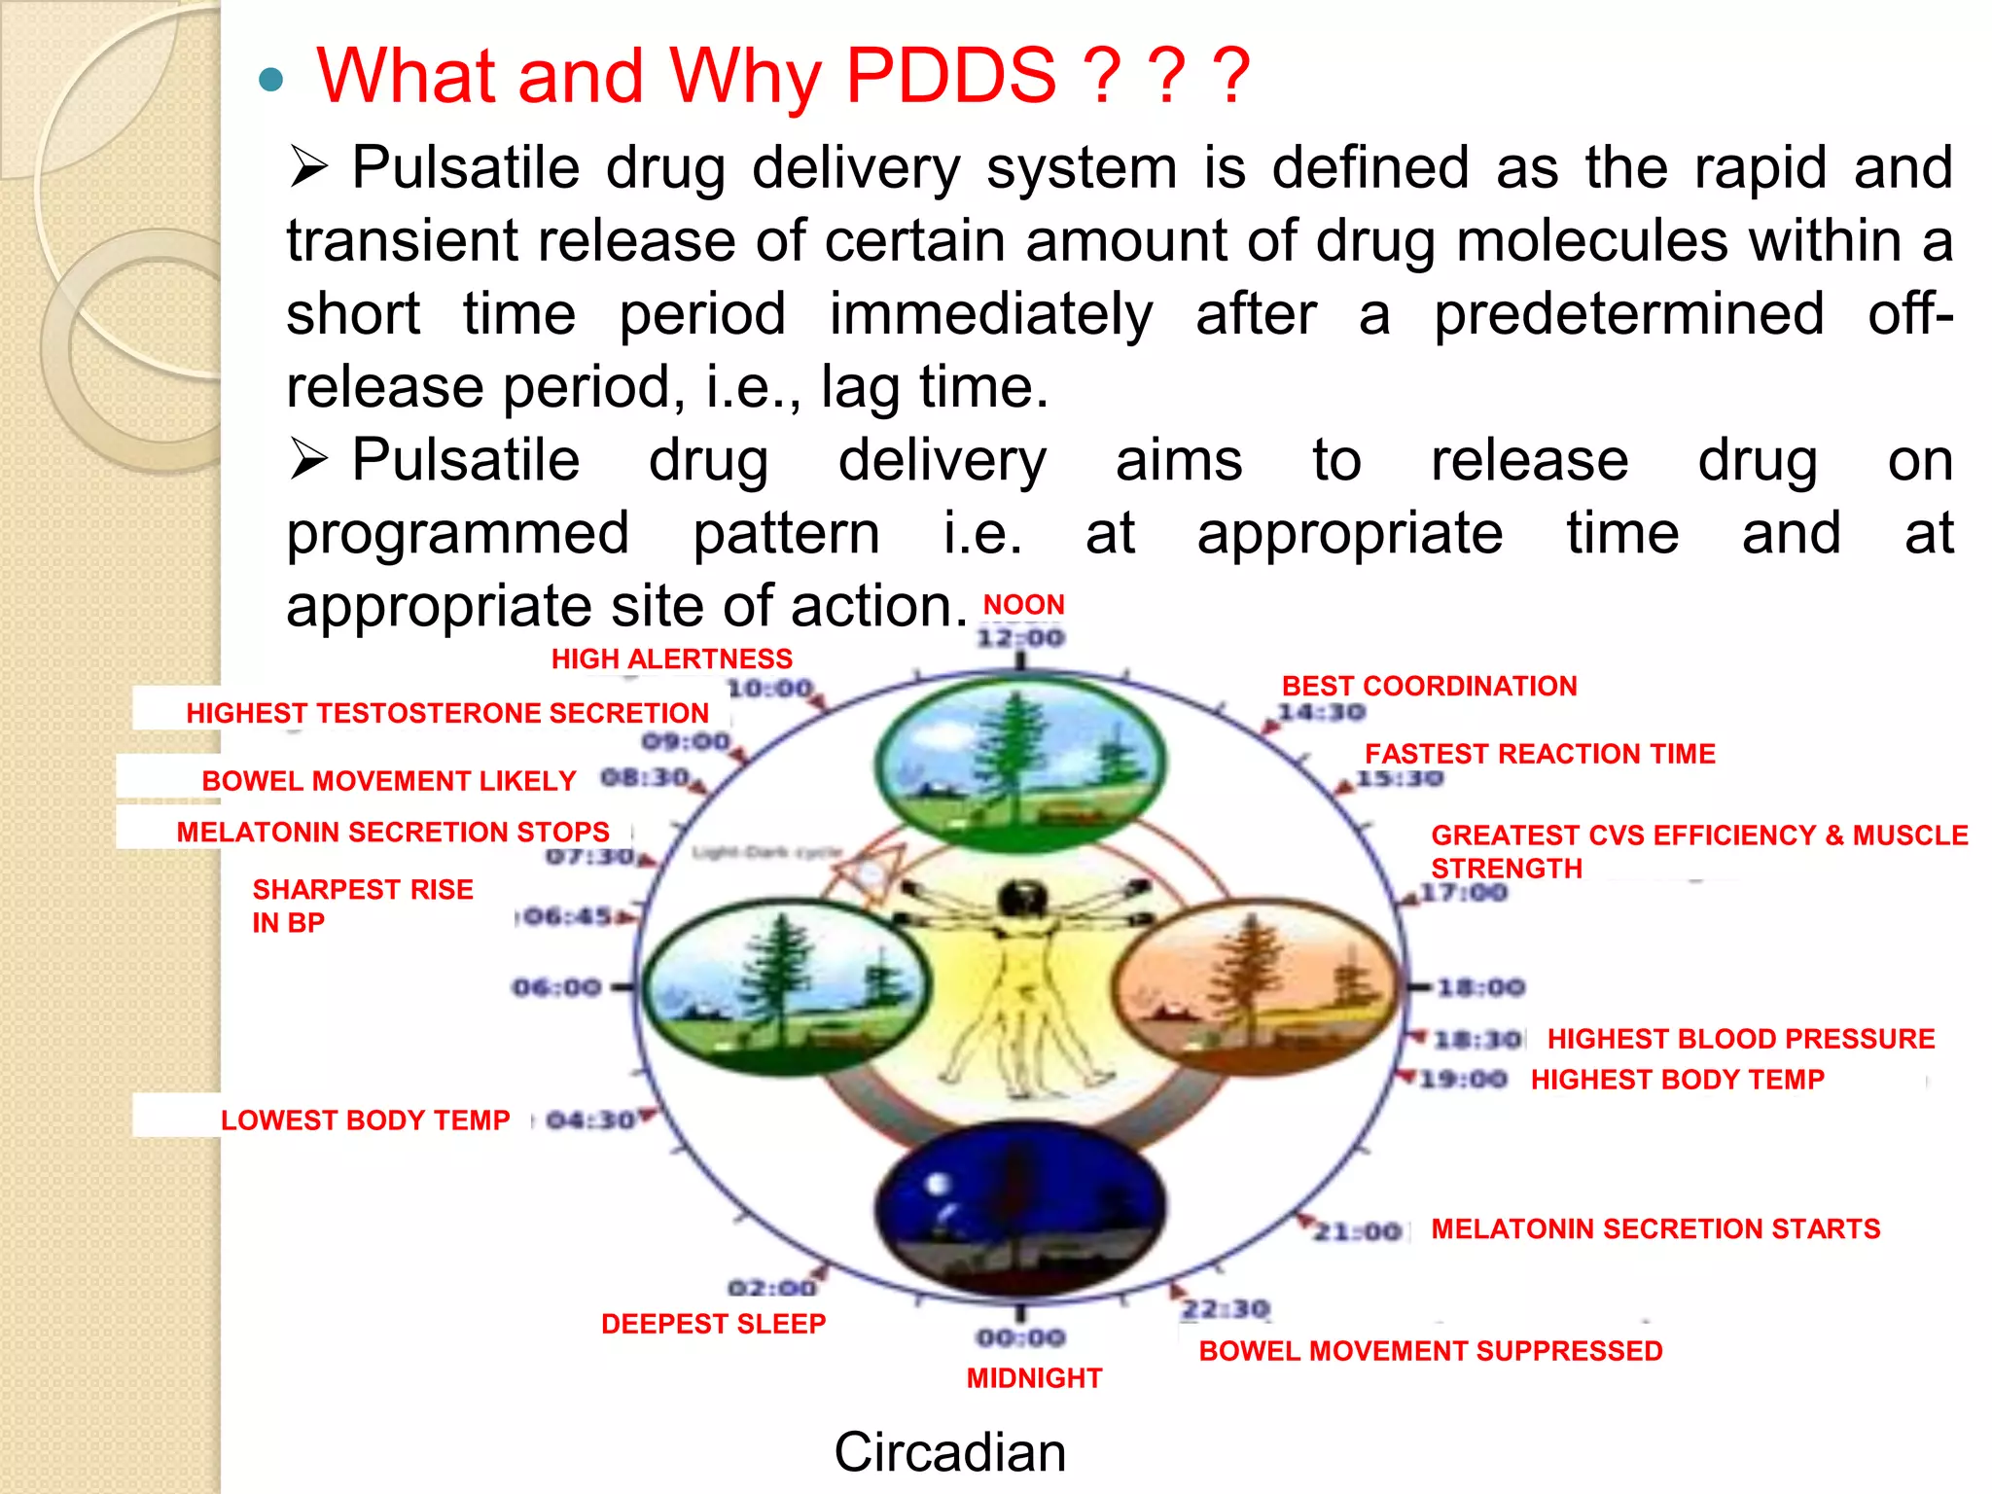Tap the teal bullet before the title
pos(271,79)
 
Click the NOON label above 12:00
pos(1023,605)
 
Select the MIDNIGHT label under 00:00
pos(1034,1378)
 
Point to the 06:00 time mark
pos(557,988)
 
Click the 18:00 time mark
pos(1480,988)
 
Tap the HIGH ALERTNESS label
pos(671,659)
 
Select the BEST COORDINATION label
pos(1429,686)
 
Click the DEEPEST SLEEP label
pos(713,1324)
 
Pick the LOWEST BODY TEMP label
pos(365,1120)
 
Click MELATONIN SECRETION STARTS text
pos(1655,1229)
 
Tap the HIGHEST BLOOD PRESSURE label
pos(1740,1039)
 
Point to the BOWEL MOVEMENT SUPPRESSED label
pos(1430,1351)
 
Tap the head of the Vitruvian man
pos(1021,900)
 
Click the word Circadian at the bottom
pos(949,1452)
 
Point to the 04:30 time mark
pos(589,1120)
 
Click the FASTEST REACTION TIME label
pos(1539,754)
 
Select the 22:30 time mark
pos(1226,1309)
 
